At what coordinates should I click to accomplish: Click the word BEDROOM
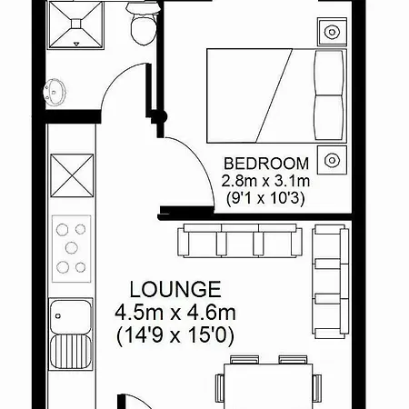tap(266, 164)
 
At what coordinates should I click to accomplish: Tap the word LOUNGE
tap(175, 289)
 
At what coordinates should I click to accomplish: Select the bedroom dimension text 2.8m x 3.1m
tap(265, 181)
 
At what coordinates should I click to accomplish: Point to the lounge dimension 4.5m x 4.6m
tap(175, 313)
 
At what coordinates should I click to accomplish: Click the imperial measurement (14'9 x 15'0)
tap(175, 335)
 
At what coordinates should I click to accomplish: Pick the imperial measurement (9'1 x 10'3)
tap(265, 199)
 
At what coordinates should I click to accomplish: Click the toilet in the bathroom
tap(144, 24)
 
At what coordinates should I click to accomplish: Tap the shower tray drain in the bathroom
tap(75, 24)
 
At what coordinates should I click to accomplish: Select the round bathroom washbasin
tap(55, 92)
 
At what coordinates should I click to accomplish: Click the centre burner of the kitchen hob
tap(72, 248)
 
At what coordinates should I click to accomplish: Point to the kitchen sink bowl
tap(71, 316)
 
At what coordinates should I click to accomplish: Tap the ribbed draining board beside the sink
tap(71, 352)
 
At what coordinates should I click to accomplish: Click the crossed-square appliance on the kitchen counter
tap(72, 175)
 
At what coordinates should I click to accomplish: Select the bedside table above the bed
tap(332, 32)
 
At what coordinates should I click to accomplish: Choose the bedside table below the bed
tap(332, 160)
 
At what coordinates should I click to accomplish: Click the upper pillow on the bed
tap(330, 73)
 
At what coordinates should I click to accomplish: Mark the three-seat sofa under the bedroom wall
tap(239, 241)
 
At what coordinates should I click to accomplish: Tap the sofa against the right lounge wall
tap(331, 282)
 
